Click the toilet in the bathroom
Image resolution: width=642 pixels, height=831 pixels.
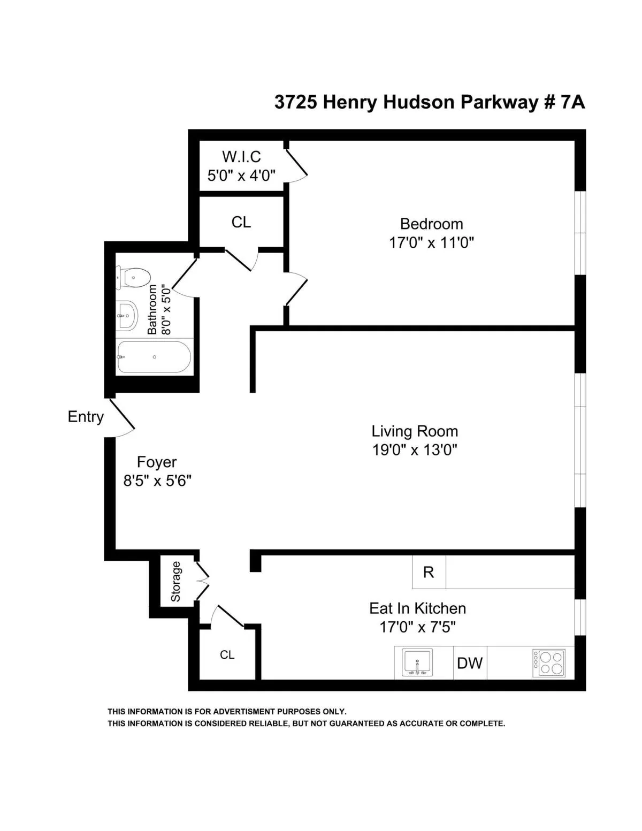(x=132, y=277)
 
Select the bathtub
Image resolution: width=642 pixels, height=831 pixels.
(x=154, y=357)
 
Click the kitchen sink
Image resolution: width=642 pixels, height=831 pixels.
(x=417, y=663)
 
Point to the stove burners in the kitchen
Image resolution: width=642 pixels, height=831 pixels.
(x=549, y=663)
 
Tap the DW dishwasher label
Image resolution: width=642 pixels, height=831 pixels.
(x=470, y=664)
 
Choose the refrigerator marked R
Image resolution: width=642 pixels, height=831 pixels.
(x=429, y=573)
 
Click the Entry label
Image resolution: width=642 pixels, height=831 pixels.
(x=86, y=417)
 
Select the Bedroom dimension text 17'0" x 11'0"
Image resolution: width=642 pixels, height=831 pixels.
(x=431, y=243)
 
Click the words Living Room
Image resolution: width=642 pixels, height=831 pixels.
(x=415, y=431)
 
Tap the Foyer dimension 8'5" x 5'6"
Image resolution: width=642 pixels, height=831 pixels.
(x=157, y=481)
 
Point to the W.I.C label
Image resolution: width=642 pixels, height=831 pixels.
(x=241, y=157)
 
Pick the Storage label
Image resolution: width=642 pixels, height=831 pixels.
(x=176, y=581)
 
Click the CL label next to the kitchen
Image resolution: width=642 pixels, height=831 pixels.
(x=227, y=655)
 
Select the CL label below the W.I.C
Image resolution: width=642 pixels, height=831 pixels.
(x=241, y=222)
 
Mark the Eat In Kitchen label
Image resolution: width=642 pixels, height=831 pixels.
(x=417, y=608)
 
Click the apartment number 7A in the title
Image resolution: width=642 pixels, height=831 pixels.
(x=572, y=102)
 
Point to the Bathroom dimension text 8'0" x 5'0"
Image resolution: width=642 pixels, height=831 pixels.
(x=167, y=310)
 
